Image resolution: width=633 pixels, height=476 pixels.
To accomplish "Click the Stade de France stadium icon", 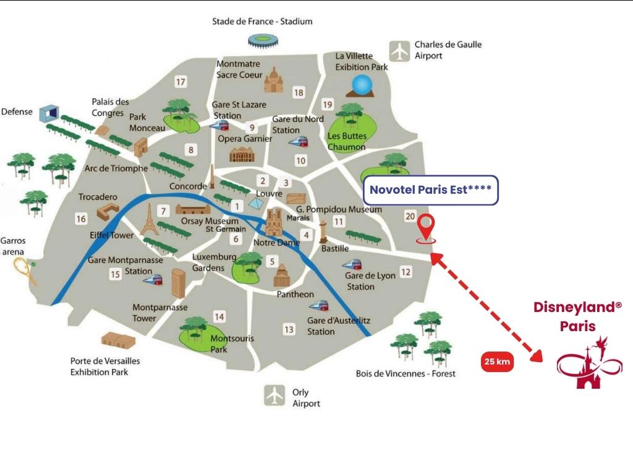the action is [x=263, y=41].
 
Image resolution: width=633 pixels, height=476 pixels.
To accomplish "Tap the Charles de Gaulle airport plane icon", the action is [x=400, y=51].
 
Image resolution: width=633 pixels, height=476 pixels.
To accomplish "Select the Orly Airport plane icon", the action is [x=274, y=395].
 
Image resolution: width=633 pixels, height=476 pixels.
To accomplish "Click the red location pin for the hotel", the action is [x=426, y=229].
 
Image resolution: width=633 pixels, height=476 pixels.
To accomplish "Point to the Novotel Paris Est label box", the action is [x=431, y=190].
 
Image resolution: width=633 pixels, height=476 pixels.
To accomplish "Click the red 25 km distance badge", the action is [x=497, y=361].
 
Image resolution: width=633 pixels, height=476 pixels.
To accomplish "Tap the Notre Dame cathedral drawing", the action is [x=274, y=222].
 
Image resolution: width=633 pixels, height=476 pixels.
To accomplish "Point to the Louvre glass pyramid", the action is [x=255, y=204].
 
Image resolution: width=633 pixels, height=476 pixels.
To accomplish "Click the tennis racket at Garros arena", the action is [x=25, y=270].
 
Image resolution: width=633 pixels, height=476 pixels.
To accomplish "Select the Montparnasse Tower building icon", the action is [x=179, y=283].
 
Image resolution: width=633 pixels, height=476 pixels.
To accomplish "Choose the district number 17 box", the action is [x=181, y=82].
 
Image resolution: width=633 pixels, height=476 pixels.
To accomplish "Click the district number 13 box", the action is [x=289, y=330].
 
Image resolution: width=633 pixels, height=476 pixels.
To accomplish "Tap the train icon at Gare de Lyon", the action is [x=352, y=266].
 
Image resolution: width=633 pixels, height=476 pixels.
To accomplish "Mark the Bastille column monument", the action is [x=323, y=232].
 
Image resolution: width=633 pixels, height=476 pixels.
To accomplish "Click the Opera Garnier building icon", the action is [x=242, y=154].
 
